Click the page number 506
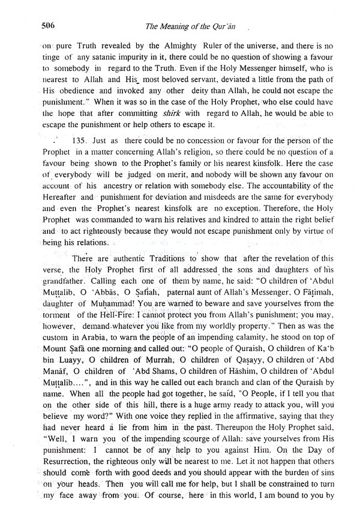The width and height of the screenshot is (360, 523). (x=49, y=25)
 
